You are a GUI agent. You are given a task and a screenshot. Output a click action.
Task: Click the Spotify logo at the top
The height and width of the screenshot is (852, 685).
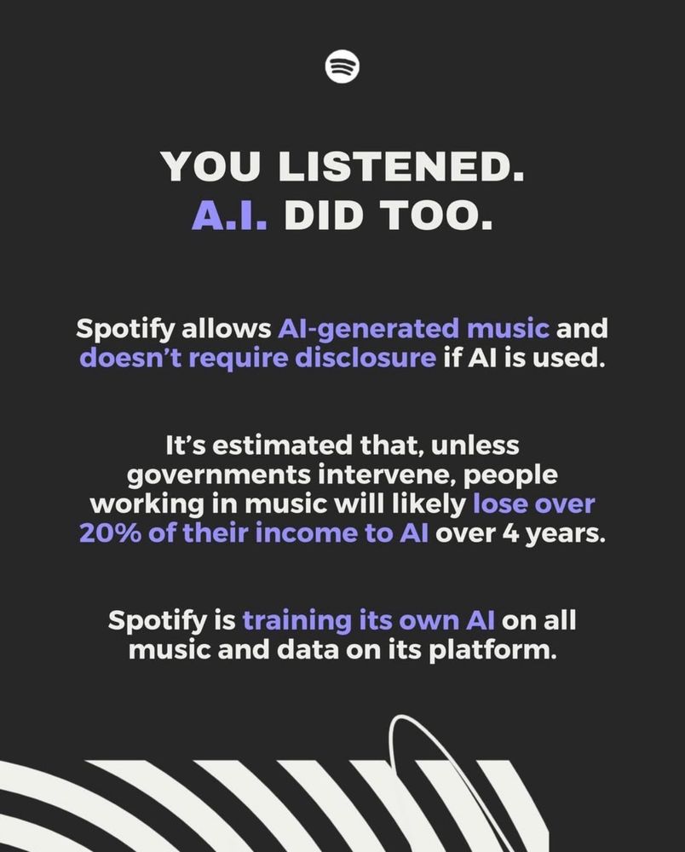tap(342, 66)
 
